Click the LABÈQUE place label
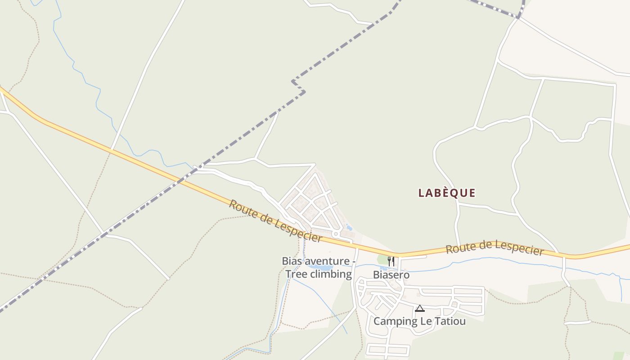click(446, 193)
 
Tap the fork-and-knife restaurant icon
click(391, 261)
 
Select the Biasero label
click(391, 274)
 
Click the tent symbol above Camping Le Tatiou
click(419, 309)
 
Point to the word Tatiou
click(450, 321)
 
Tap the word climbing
click(331, 274)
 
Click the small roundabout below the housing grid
click(335, 234)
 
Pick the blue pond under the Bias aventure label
click(320, 267)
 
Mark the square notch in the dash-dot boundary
click(298, 87)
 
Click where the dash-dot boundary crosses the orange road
click(182, 180)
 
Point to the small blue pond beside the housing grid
click(349, 228)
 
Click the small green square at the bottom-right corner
click(619, 355)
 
